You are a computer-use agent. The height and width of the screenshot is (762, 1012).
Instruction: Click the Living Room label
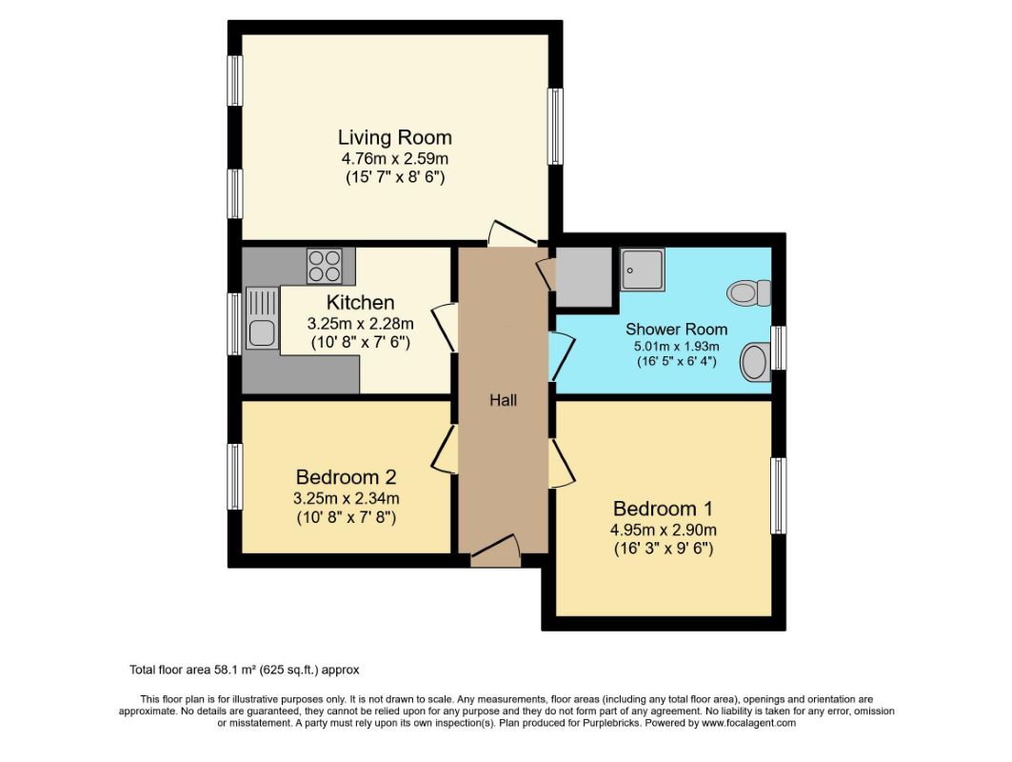(394, 137)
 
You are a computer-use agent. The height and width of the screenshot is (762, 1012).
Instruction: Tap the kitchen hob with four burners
(325, 265)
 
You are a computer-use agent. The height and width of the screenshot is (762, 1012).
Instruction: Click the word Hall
(503, 401)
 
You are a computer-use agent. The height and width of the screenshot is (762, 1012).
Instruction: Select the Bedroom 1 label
(663, 509)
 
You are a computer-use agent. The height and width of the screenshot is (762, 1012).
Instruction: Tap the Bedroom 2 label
(346, 476)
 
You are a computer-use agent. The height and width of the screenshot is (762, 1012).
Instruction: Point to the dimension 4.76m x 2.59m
(394, 158)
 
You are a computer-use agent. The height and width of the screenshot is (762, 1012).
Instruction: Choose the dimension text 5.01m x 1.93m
(671, 346)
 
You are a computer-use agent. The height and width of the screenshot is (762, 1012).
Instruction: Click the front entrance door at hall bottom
(495, 551)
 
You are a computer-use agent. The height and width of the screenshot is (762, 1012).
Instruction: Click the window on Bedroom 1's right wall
(778, 495)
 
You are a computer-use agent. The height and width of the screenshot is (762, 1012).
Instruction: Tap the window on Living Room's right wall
(554, 127)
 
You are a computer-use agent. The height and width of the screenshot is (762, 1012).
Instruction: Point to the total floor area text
(244, 670)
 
